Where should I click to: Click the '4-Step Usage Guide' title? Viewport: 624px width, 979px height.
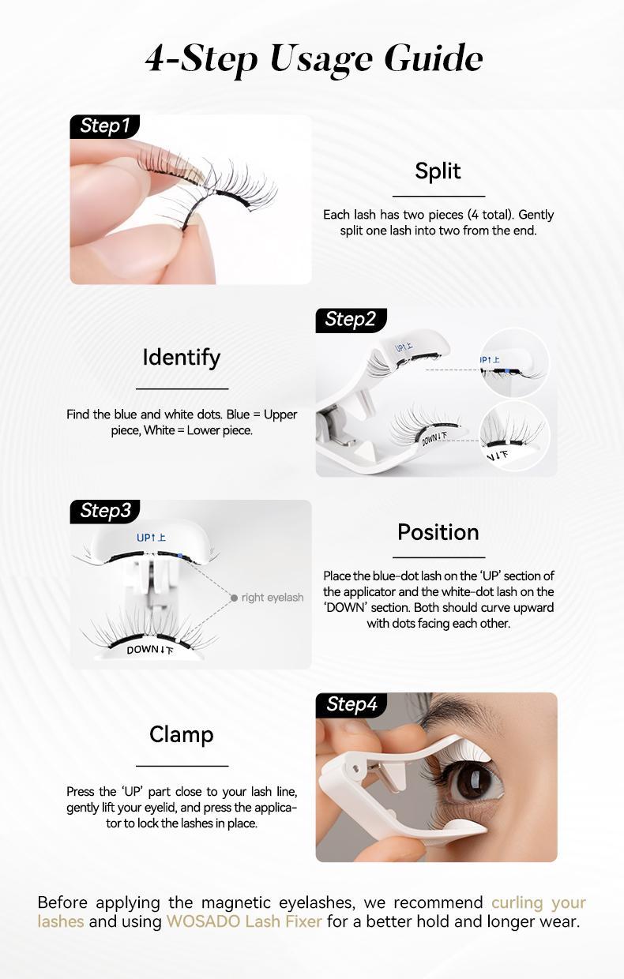point(314,59)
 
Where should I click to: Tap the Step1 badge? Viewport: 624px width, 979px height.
point(104,126)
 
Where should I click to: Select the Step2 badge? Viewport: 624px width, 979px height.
point(350,320)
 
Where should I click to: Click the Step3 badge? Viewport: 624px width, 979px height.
point(105,511)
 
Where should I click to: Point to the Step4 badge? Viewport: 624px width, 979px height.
point(351,704)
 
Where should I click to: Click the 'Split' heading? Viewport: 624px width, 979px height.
point(438,171)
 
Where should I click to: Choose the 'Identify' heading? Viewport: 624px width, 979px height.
point(182,358)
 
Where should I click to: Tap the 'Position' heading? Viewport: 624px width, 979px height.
point(438,532)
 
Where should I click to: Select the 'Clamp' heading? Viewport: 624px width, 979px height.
point(182,735)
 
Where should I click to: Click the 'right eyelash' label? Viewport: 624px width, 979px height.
point(273,598)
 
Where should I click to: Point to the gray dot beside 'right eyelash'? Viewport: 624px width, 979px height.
point(234,598)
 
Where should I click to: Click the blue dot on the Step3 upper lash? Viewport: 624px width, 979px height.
point(181,556)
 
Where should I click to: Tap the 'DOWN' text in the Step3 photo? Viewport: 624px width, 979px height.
point(142,650)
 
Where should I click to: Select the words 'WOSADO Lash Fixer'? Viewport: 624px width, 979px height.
point(244,921)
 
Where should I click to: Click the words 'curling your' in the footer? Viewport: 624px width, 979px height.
point(538,902)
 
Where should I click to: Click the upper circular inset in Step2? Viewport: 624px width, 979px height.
point(514,362)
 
